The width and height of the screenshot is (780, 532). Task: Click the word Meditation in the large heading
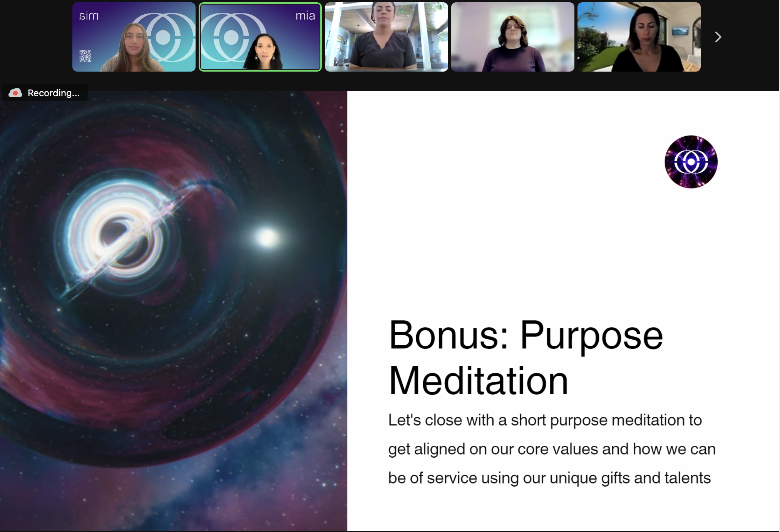(x=479, y=381)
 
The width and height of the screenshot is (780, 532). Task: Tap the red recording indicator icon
(x=15, y=93)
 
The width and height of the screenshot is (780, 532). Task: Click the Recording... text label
(x=54, y=93)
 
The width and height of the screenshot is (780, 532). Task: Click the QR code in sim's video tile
(x=85, y=56)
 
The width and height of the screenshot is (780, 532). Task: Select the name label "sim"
(x=89, y=16)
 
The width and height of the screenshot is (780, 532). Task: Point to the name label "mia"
(x=305, y=16)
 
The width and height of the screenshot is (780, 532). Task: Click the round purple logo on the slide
(x=691, y=162)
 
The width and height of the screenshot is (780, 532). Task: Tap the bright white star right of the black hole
(x=267, y=237)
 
